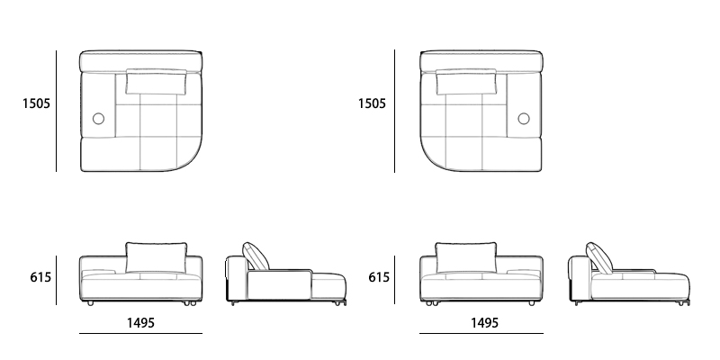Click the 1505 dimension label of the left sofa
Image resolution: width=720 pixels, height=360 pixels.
click(37, 103)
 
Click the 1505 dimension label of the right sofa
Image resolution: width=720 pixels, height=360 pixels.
click(372, 103)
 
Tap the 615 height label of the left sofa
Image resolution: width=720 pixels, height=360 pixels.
click(40, 278)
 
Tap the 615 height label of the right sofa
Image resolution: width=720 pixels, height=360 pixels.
click(379, 278)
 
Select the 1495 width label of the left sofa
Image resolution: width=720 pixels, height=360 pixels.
click(139, 322)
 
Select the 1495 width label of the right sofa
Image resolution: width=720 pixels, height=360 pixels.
click(483, 322)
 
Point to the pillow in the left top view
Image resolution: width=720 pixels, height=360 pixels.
click(157, 82)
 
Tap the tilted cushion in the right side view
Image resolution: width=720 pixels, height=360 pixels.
click(598, 256)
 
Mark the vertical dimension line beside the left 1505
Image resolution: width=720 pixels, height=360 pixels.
click(57, 111)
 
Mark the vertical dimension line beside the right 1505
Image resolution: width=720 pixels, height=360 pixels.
click(394, 111)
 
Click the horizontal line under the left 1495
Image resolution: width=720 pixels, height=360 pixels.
click(140, 334)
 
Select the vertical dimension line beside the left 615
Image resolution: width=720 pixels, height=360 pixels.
click(57, 278)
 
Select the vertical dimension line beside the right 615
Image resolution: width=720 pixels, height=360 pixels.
click(395, 278)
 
